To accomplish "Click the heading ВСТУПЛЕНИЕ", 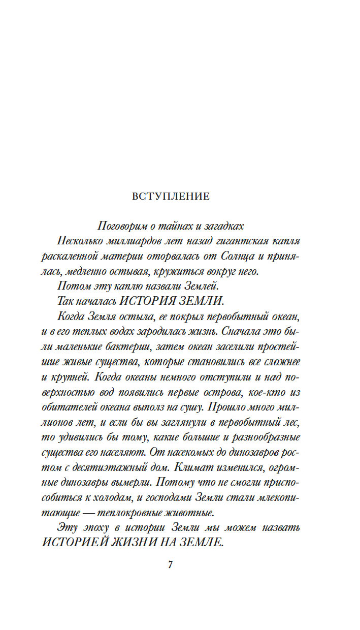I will (171, 197).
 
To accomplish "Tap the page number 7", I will (171, 565).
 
